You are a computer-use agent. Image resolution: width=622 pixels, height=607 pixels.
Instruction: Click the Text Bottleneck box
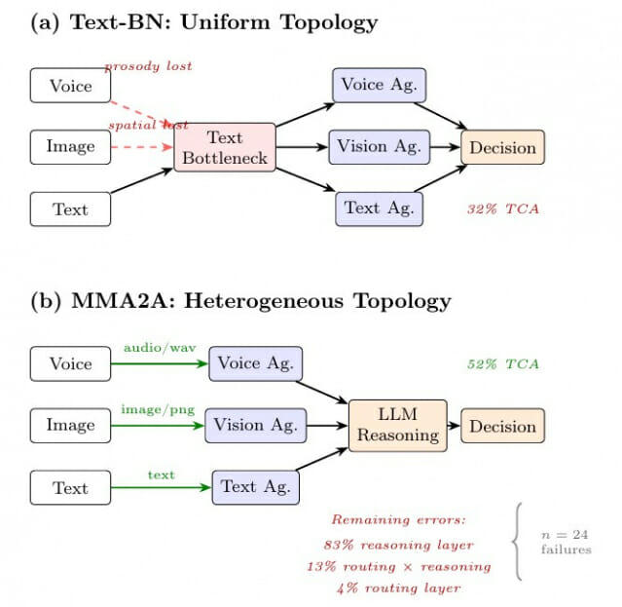pos(225,147)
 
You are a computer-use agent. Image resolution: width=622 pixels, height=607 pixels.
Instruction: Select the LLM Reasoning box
pos(398,426)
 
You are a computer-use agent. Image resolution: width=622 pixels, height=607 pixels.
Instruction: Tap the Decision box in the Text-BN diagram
pos(502,147)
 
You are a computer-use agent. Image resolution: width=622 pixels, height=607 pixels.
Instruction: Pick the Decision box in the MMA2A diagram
pos(502,426)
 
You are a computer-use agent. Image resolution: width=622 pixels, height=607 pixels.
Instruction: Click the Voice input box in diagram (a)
pos(70,86)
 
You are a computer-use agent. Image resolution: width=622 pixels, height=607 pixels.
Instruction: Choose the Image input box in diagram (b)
pos(70,426)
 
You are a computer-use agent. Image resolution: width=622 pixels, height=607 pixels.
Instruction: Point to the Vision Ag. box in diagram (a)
pos(380,147)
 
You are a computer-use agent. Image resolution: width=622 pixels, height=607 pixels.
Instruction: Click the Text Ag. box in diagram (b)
pos(255,487)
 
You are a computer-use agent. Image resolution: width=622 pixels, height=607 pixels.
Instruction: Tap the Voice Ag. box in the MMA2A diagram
pos(255,363)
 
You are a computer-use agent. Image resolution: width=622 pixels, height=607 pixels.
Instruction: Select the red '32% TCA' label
pos(503,209)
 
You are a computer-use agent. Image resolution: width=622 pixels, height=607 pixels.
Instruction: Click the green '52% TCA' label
pos(503,364)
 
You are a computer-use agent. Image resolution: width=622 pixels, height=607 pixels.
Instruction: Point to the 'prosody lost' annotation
pos(148,66)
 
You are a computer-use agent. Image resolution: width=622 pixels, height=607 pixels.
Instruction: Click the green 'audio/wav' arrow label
pos(160,348)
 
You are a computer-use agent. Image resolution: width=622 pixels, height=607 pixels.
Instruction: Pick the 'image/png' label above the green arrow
pos(158,409)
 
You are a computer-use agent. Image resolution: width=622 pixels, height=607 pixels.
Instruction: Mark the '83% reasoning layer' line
pos(399,545)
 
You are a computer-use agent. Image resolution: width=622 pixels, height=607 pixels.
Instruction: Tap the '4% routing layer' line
pos(399,588)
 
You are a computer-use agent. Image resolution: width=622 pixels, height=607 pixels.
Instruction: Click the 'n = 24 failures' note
pos(567,542)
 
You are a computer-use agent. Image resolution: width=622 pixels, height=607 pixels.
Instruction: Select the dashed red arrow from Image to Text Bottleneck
pos(142,147)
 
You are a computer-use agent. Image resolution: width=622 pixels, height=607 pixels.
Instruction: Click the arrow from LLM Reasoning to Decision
pos(454,426)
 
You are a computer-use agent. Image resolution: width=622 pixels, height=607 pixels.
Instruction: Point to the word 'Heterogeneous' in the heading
pos(264,300)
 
